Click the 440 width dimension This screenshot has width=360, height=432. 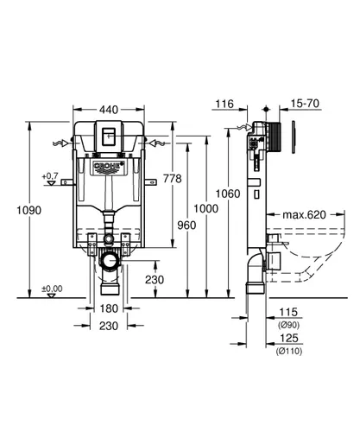pos(109,110)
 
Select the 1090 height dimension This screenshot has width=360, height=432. pos(28,210)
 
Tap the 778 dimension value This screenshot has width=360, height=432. pos(173,179)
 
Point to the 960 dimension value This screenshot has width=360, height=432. pos(186,225)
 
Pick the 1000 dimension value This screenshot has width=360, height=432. pos(205,208)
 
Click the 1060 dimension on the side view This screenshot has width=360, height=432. pos(228,194)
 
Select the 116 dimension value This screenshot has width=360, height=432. pos(224,104)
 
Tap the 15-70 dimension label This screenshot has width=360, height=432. pos(305,103)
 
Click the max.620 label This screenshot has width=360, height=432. pos(304,214)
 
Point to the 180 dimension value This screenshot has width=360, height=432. pos(109,308)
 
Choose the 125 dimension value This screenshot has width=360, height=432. pos(289,338)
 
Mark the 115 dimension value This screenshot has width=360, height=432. pos(288,312)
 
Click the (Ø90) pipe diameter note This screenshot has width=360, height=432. pos(288,325)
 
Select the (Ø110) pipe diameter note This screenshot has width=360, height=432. pos(289,351)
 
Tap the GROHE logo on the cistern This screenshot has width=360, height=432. pos(109,166)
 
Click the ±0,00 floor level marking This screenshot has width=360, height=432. pos(52,289)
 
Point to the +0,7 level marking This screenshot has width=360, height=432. pos(50,175)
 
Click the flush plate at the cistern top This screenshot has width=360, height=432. pos(109,136)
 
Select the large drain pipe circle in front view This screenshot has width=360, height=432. pos(110,261)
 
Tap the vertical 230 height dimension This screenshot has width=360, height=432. pos(155,280)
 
